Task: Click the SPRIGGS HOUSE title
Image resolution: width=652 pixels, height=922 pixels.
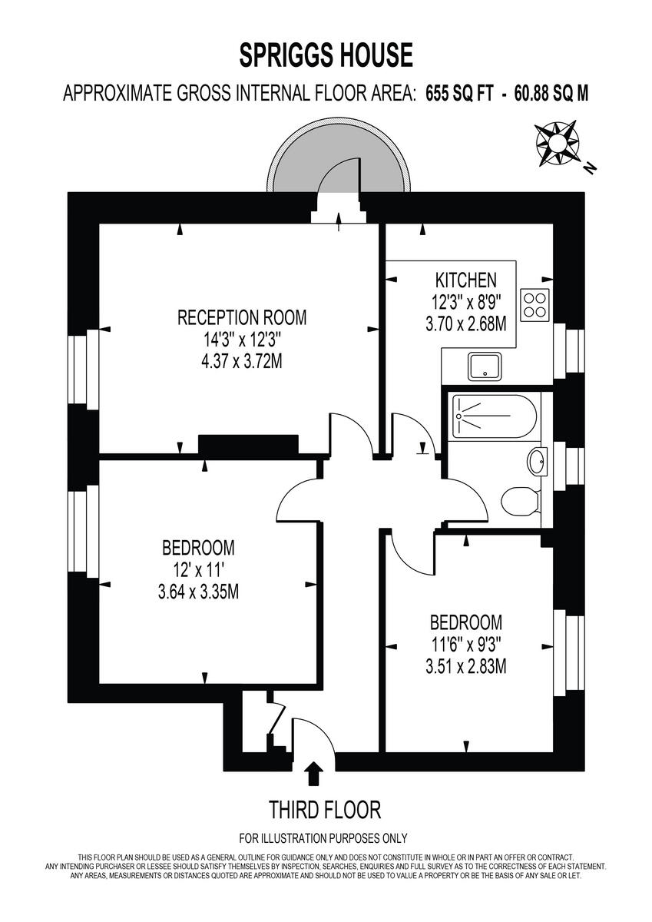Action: tap(326, 56)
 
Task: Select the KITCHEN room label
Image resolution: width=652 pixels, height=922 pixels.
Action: tap(465, 280)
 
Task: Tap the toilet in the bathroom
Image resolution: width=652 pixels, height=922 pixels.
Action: tap(521, 502)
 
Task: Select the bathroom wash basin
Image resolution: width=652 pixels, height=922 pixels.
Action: tap(537, 463)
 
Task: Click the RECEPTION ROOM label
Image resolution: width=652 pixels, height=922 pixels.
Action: tap(242, 317)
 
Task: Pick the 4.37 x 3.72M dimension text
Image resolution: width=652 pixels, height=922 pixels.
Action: tap(242, 360)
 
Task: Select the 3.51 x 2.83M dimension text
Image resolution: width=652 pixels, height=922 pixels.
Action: tap(465, 666)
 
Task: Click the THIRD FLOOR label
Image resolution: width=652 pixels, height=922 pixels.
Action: tap(324, 809)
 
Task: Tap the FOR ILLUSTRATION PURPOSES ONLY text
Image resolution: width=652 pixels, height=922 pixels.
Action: tap(323, 838)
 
